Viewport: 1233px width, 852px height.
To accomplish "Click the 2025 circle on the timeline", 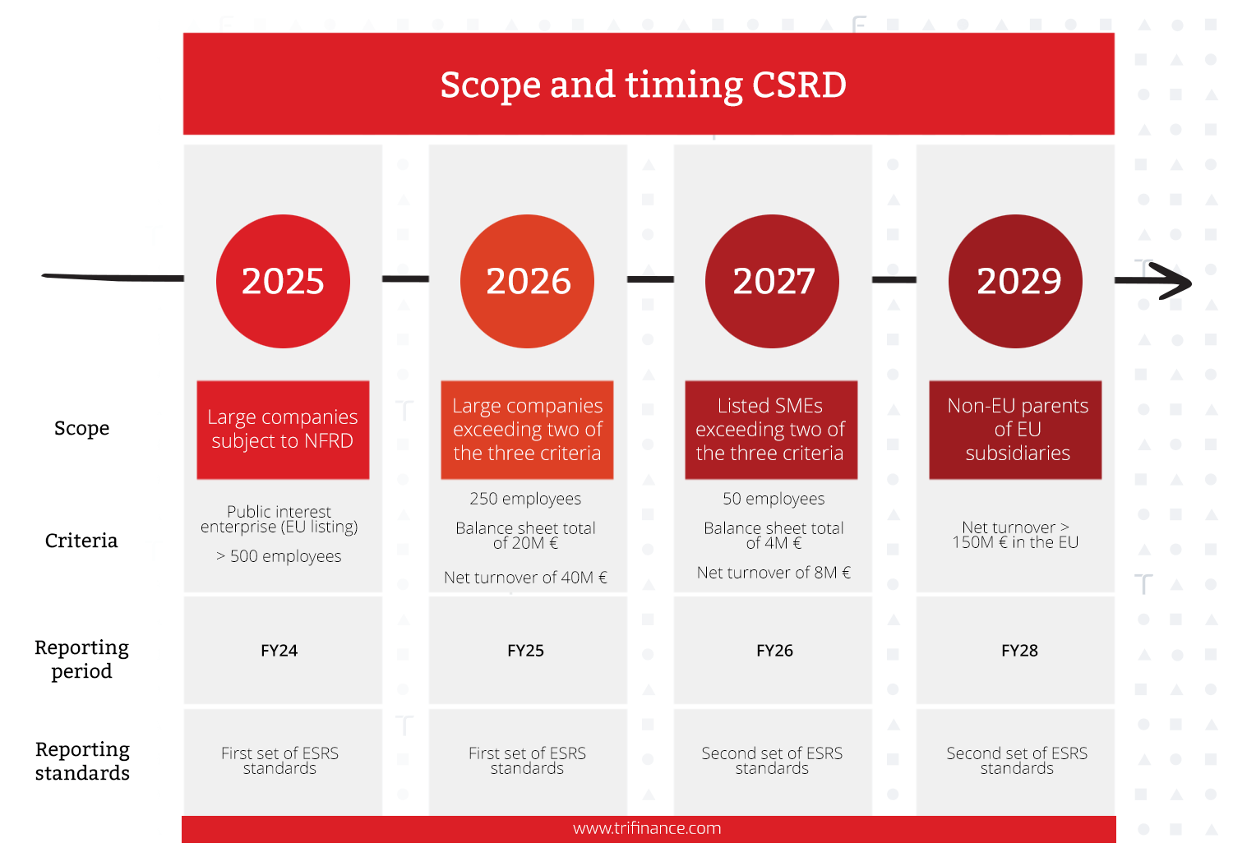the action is (283, 281).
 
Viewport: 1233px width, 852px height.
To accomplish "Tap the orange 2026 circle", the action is (528, 281).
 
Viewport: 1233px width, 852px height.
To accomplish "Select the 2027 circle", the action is (773, 281).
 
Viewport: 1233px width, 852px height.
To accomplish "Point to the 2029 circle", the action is (1015, 281).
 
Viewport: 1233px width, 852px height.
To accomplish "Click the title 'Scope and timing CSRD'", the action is (643, 85).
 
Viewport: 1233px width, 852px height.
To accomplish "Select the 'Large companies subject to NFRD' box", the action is (283, 430).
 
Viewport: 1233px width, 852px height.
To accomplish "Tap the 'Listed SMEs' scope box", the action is (771, 430).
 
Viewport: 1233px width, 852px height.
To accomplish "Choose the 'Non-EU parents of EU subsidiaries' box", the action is (1015, 430).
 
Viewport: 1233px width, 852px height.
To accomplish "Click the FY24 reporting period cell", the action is (283, 650).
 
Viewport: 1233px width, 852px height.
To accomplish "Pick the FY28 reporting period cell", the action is (1015, 650).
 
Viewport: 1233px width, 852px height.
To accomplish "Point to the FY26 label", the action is (774, 651).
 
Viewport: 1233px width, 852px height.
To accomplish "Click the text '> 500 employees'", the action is (279, 556).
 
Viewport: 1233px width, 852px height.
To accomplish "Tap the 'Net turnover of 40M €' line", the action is (526, 577).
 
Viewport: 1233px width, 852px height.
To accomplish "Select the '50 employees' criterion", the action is (774, 499).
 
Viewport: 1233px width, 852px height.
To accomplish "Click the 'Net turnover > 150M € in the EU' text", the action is (1015, 535).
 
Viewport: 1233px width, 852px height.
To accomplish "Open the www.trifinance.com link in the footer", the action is (647, 828).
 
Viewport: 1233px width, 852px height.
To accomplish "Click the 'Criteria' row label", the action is (81, 540).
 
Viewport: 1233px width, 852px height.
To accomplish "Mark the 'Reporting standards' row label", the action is (82, 761).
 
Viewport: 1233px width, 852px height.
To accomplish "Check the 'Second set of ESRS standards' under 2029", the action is (1017, 760).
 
